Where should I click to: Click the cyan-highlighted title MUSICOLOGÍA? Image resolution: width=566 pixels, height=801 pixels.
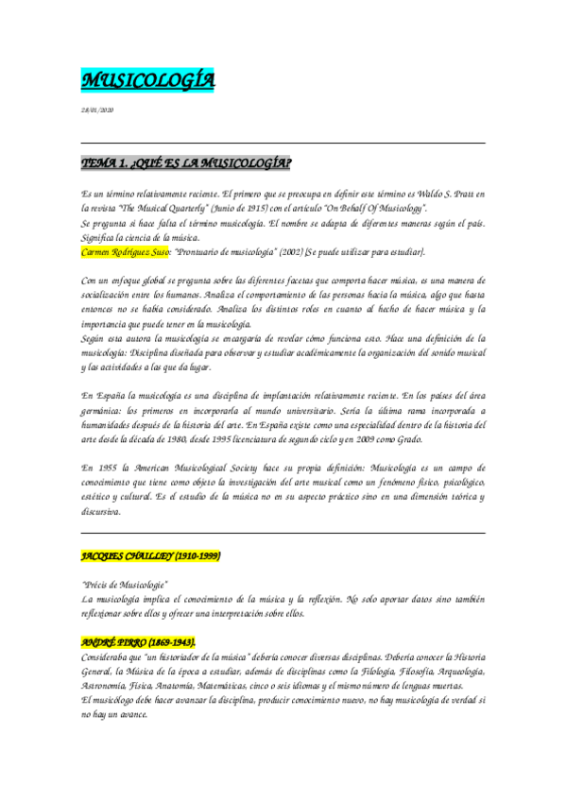(x=146, y=82)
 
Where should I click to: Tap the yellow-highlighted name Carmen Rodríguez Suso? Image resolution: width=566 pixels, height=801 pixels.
(x=126, y=251)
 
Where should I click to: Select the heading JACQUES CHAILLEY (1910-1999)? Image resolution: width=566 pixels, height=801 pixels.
(x=151, y=556)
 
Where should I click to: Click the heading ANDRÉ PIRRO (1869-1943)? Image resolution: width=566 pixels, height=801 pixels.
(x=139, y=642)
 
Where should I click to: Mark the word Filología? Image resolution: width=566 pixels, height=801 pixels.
(x=351, y=671)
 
